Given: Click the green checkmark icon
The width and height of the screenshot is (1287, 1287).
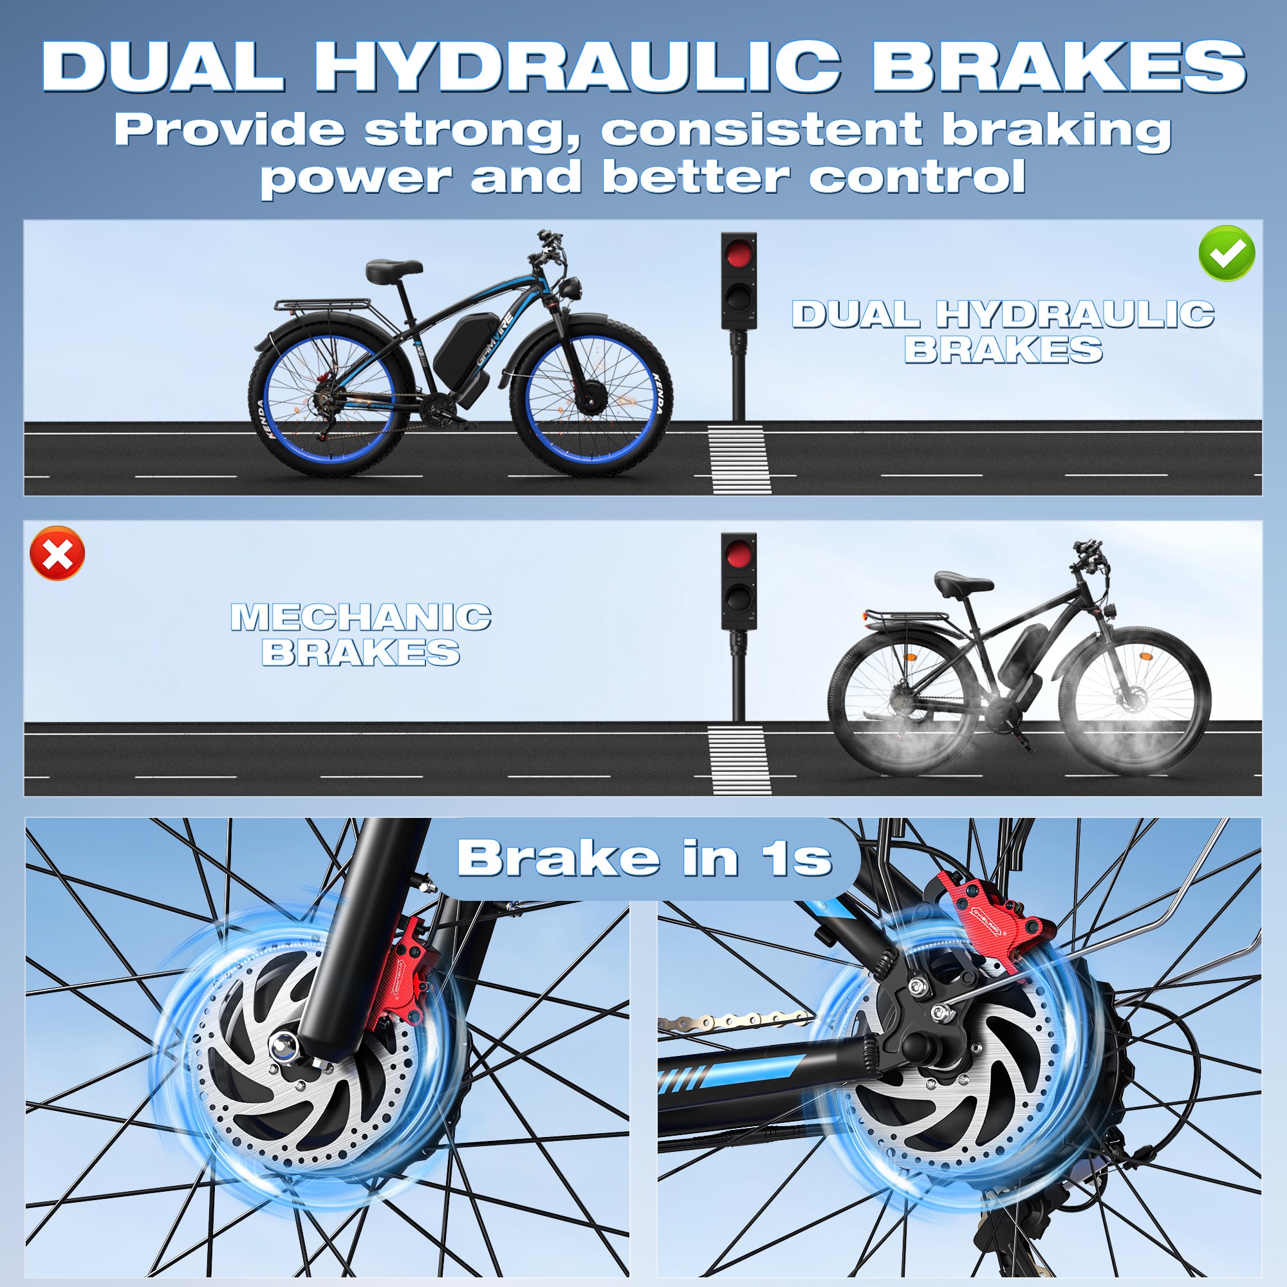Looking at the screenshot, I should [x=1227, y=253].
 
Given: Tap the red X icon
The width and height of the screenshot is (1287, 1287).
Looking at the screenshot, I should [x=58, y=553].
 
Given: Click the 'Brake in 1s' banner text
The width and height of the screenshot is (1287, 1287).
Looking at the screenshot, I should [x=644, y=857].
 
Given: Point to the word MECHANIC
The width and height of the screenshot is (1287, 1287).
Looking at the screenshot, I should [x=361, y=618].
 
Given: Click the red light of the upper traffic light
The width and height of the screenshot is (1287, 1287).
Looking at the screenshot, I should [x=739, y=254].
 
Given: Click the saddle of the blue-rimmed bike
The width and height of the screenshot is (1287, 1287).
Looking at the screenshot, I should [x=394, y=268].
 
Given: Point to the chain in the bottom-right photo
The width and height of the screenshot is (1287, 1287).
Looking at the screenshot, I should [x=733, y=1020].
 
